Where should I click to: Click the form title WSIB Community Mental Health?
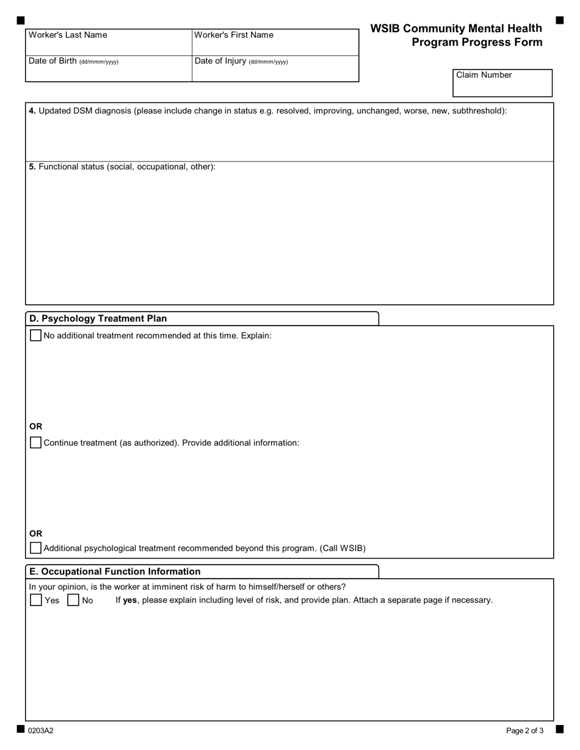pyautogui.click(x=455, y=29)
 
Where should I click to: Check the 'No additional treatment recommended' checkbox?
pyautogui.click(x=36, y=335)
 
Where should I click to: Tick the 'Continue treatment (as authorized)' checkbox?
pyautogui.click(x=36, y=443)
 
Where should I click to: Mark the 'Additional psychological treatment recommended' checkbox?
pyautogui.click(x=36, y=548)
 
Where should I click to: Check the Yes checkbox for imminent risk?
pyautogui.click(x=36, y=600)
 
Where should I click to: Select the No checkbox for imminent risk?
pyautogui.click(x=73, y=600)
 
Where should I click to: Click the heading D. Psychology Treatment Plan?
pyautogui.click(x=98, y=318)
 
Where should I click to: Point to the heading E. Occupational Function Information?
pyautogui.click(x=115, y=571)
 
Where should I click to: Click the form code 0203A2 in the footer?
pyautogui.click(x=40, y=730)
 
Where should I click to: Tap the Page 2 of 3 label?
pyautogui.click(x=524, y=730)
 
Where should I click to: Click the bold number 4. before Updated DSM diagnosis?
pyautogui.click(x=32, y=111)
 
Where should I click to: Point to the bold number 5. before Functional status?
pyautogui.click(x=32, y=166)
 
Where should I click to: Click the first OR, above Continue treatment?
pyautogui.click(x=36, y=426)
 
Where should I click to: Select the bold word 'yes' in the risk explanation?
pyautogui.click(x=130, y=600)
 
